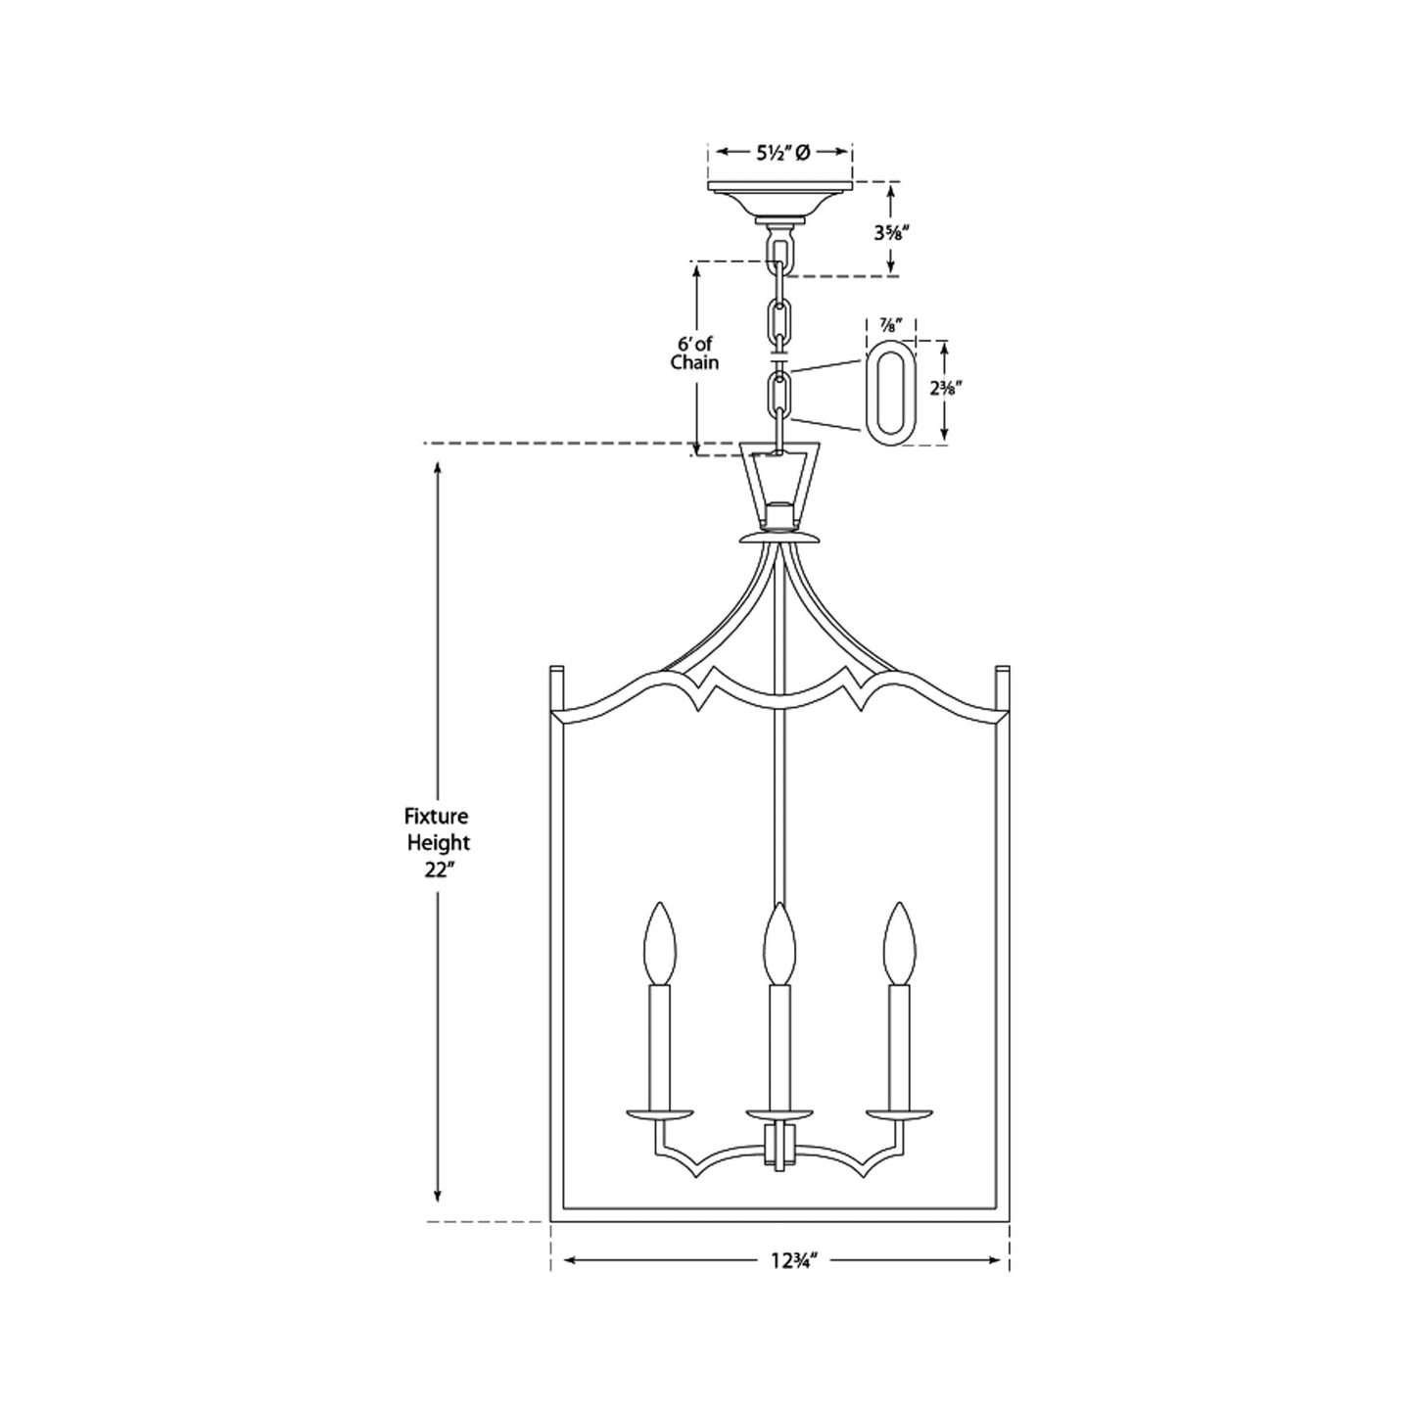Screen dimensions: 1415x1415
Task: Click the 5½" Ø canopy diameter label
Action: (781, 152)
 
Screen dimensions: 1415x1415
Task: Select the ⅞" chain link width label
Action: (891, 323)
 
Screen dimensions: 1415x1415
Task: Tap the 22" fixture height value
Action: (438, 871)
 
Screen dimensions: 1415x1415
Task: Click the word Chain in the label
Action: (694, 363)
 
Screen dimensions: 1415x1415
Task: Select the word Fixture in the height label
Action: (438, 815)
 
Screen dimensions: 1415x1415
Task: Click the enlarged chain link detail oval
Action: (890, 393)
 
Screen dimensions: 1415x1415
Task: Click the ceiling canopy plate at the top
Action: (779, 187)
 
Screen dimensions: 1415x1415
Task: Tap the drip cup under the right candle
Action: (899, 1113)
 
